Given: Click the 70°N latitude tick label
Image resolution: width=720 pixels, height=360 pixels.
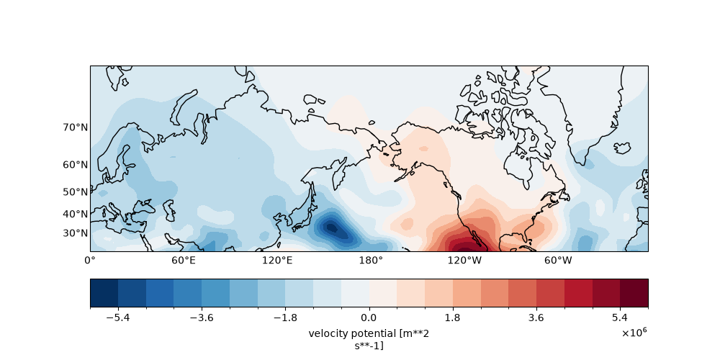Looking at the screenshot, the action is click(x=76, y=127).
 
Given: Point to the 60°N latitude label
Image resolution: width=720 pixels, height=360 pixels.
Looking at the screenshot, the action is click(x=76, y=164).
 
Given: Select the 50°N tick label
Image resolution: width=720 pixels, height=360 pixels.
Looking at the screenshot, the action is click(x=76, y=192).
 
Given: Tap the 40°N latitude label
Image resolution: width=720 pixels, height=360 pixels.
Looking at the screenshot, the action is click(x=76, y=214).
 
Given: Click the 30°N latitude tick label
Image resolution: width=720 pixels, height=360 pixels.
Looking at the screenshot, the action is click(x=76, y=233).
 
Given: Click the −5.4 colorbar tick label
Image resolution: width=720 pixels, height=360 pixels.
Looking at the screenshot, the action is click(x=118, y=318).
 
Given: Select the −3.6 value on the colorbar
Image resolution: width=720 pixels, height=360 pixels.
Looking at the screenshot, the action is click(x=202, y=318).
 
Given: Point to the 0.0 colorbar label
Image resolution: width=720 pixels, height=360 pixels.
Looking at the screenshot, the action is click(x=369, y=318).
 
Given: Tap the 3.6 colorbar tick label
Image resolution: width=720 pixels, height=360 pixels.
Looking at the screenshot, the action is click(x=536, y=318).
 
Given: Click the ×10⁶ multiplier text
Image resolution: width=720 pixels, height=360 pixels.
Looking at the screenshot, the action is click(x=634, y=333).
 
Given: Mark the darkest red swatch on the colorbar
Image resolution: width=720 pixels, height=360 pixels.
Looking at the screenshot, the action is click(x=634, y=292).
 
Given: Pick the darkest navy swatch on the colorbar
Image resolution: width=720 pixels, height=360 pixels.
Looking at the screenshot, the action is click(x=104, y=292).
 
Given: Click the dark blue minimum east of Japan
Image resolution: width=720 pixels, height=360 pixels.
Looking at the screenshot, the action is click(x=331, y=228).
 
